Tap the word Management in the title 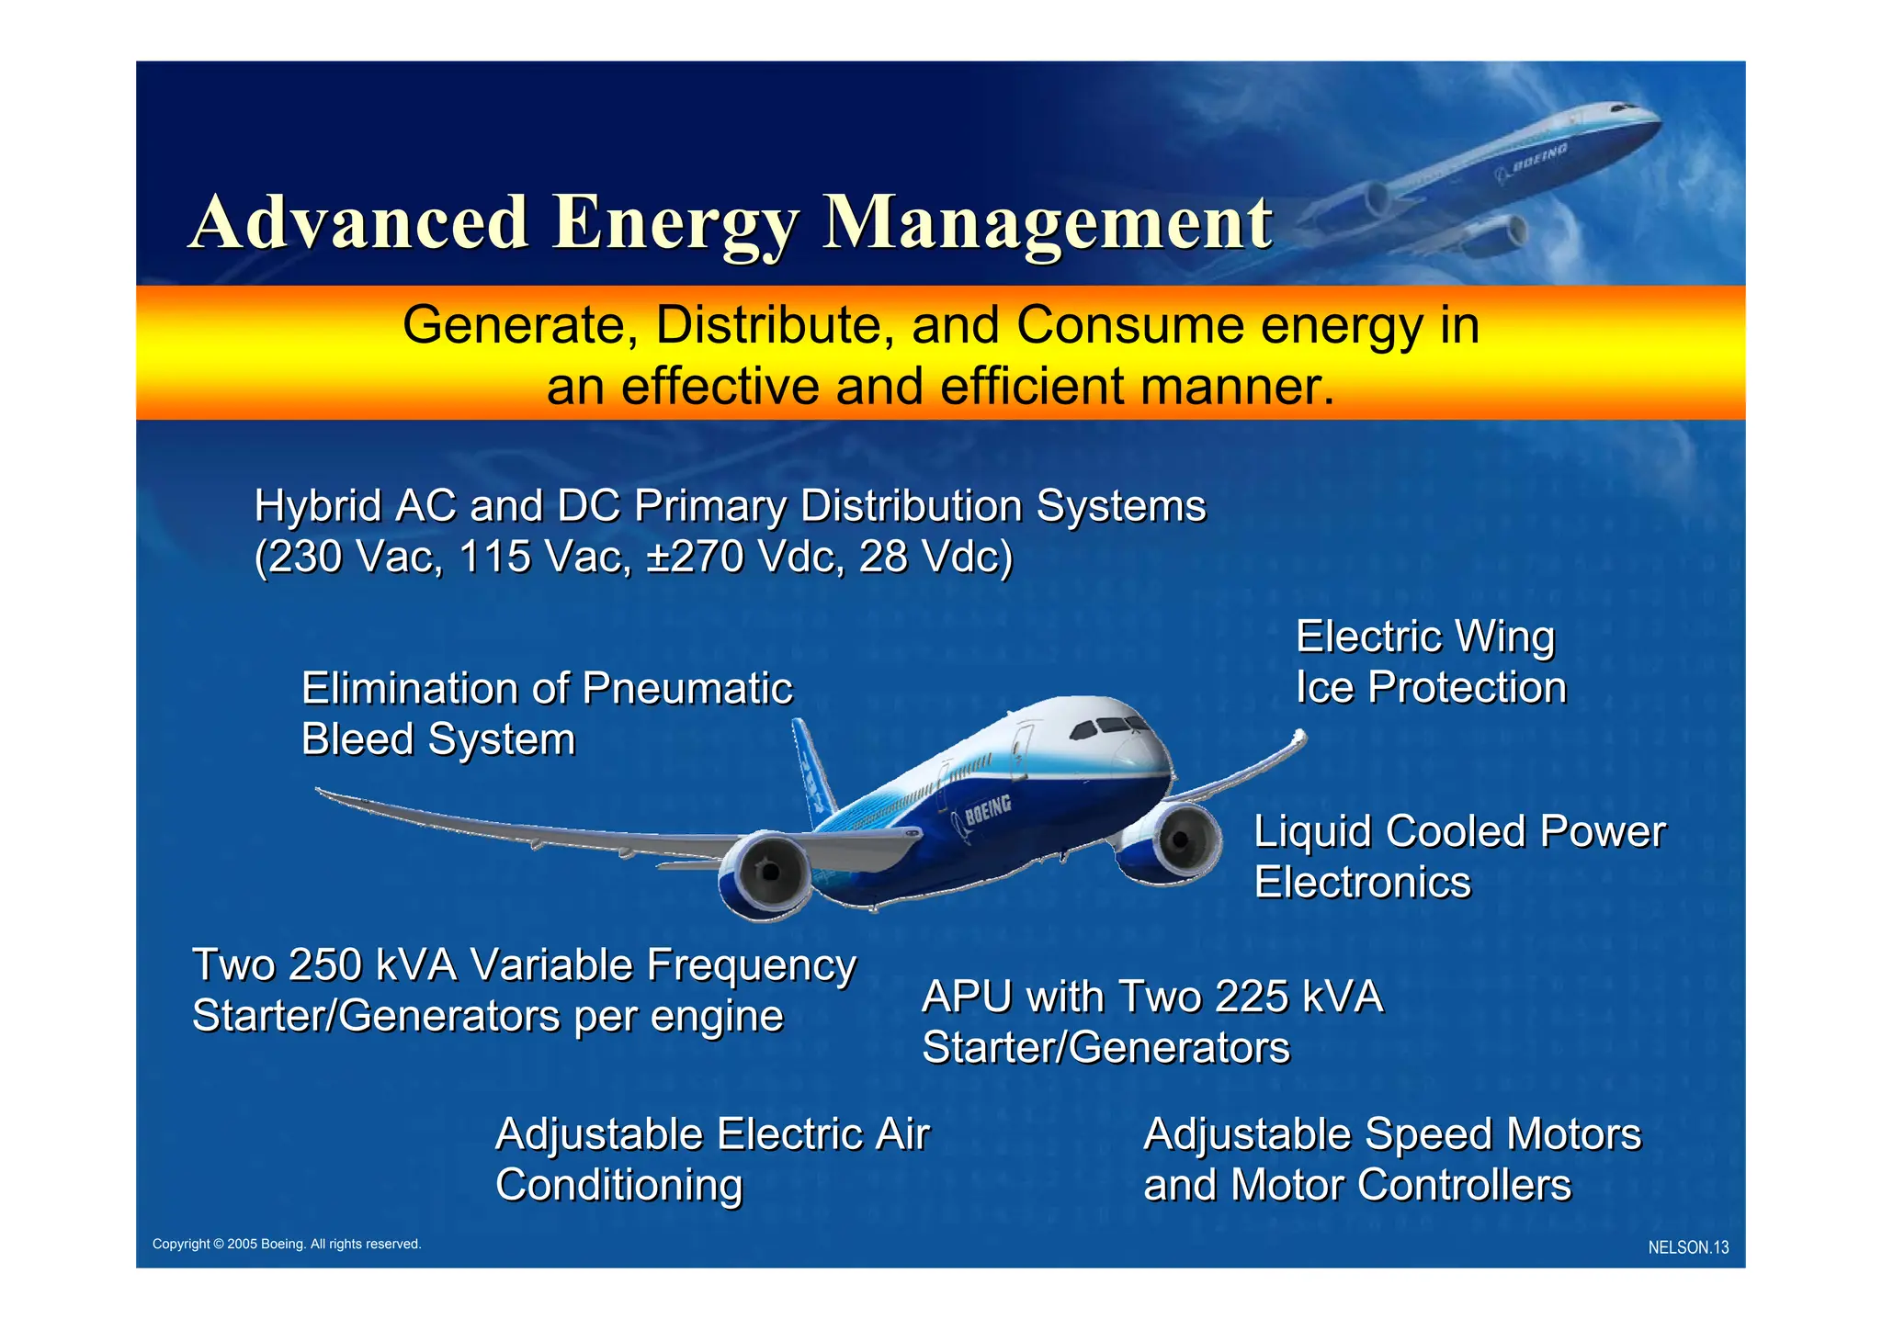[x=1047, y=223]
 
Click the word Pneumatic [x=687, y=689]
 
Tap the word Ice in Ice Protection [x=1324, y=688]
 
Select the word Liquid [x=1312, y=832]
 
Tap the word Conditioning [x=618, y=1186]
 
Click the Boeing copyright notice [x=287, y=1245]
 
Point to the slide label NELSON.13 [x=1688, y=1248]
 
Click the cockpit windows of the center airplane [x=1110, y=727]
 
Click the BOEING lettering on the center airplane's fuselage [x=988, y=809]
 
